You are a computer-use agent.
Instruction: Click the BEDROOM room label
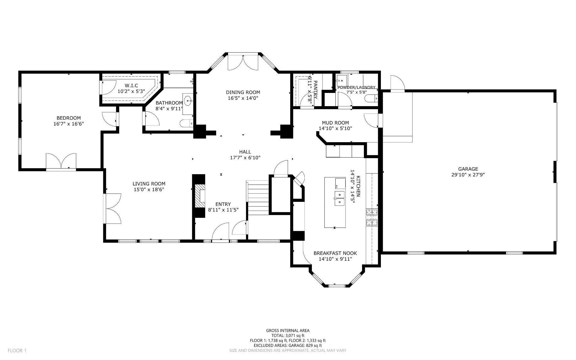(x=69, y=118)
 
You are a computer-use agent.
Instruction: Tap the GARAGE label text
(x=468, y=169)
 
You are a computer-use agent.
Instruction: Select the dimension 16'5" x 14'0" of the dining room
(x=243, y=98)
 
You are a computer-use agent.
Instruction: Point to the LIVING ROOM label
(x=149, y=184)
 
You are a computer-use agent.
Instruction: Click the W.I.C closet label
(x=131, y=86)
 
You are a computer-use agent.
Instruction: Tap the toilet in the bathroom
(x=187, y=124)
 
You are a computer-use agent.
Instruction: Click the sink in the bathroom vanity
(x=188, y=101)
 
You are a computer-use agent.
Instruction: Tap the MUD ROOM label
(x=335, y=123)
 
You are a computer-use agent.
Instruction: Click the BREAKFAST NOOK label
(x=335, y=253)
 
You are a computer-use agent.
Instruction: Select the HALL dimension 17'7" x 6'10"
(x=245, y=158)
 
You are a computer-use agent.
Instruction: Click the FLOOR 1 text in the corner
(x=17, y=351)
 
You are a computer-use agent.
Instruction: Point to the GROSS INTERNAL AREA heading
(x=288, y=330)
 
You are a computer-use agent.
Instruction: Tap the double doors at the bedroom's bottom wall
(x=61, y=162)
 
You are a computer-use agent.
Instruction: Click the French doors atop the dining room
(x=243, y=62)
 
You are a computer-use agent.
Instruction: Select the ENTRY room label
(x=223, y=204)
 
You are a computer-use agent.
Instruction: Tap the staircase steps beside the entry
(x=258, y=198)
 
